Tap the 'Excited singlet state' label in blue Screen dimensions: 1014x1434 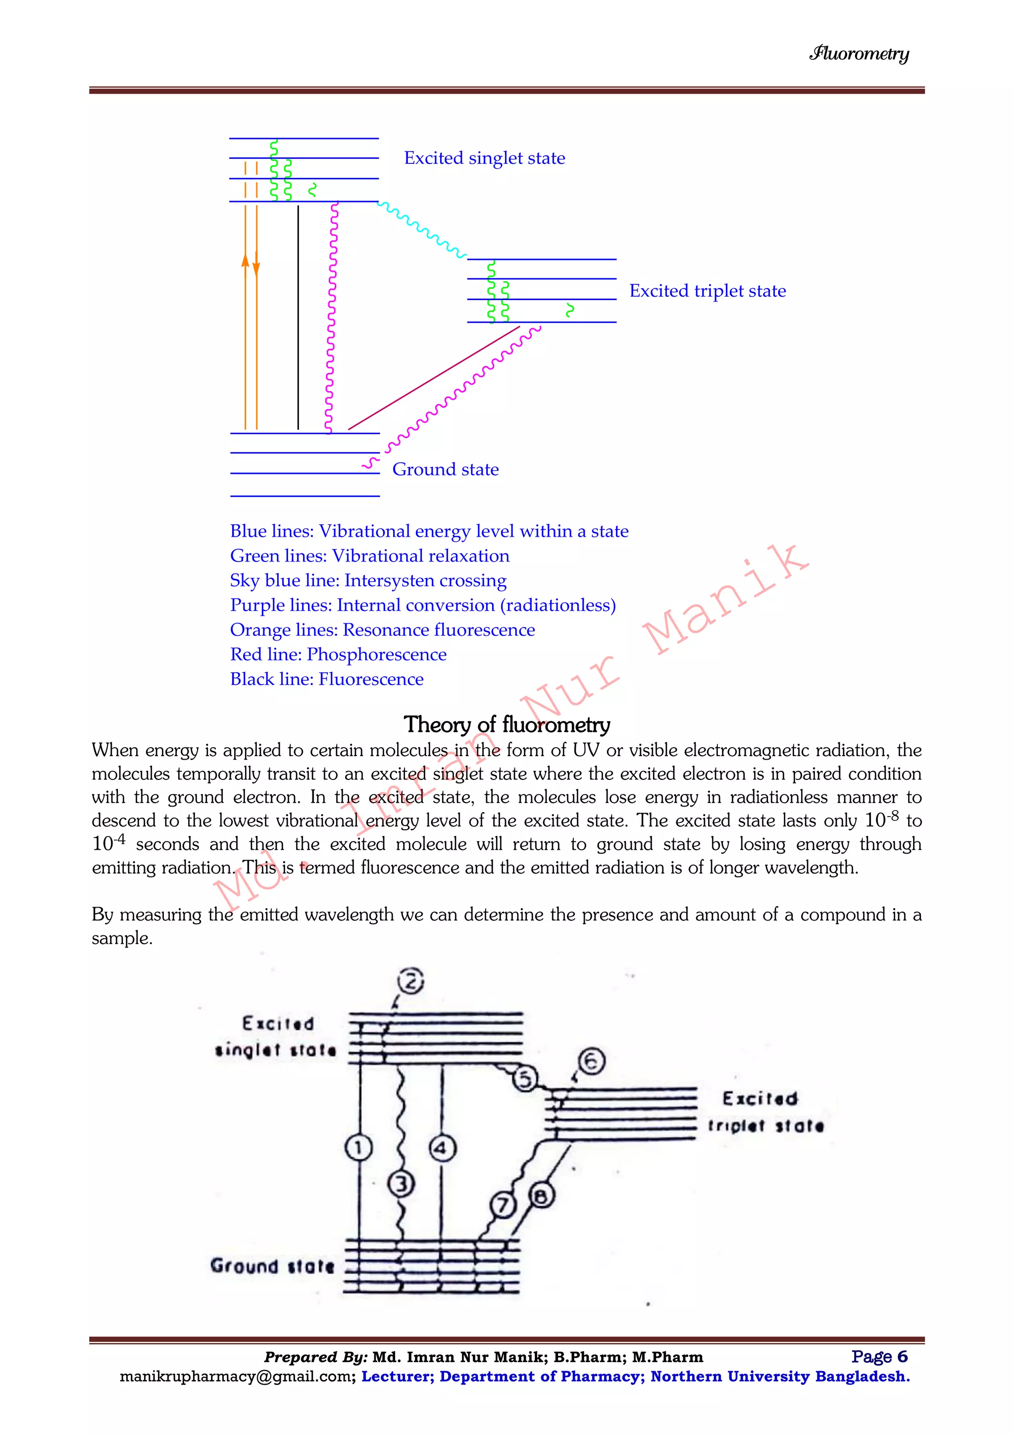pos(485,158)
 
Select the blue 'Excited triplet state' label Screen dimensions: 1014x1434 pos(707,291)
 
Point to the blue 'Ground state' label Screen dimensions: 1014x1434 pos(445,470)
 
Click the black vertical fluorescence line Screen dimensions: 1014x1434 pos(298,318)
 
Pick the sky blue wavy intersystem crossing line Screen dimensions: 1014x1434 pos(421,229)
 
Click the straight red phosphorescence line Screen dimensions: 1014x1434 pos(434,377)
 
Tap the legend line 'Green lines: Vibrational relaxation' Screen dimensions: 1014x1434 pos(370,556)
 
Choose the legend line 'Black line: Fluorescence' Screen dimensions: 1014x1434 pos(327,679)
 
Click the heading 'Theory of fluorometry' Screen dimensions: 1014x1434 pos(507,724)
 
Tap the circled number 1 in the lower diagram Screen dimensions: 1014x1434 pos(358,1147)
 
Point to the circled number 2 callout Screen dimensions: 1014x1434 pos(411,980)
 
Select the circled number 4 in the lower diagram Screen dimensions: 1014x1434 pos(442,1148)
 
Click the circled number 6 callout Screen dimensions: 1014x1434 pos(591,1061)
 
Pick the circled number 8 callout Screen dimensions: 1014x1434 pos(541,1196)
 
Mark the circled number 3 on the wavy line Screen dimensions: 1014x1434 pos(401,1183)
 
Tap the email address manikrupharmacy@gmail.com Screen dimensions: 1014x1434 pos(238,1377)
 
